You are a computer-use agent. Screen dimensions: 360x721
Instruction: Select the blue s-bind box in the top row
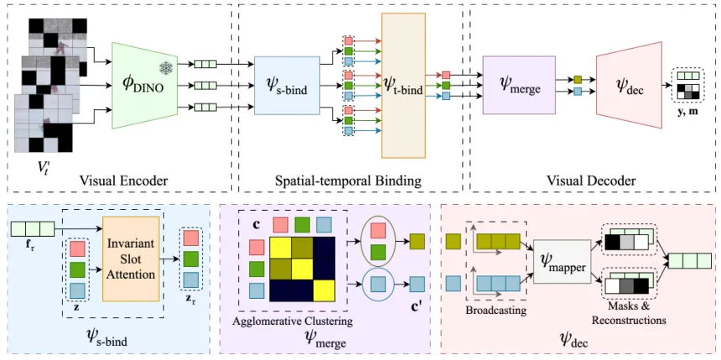286,85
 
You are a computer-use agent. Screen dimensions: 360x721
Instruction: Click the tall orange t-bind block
404,86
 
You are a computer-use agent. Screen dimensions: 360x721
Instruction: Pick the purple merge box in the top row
520,85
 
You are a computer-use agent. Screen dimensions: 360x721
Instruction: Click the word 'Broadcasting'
495,309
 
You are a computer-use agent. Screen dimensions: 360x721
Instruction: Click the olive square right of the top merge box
577,79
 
